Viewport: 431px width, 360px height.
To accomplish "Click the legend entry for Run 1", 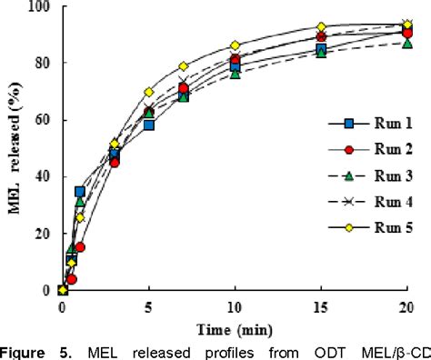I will click(364, 144).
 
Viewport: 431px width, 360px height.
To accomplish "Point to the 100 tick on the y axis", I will click(38, 7).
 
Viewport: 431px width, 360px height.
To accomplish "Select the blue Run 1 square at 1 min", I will click(80, 192).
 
